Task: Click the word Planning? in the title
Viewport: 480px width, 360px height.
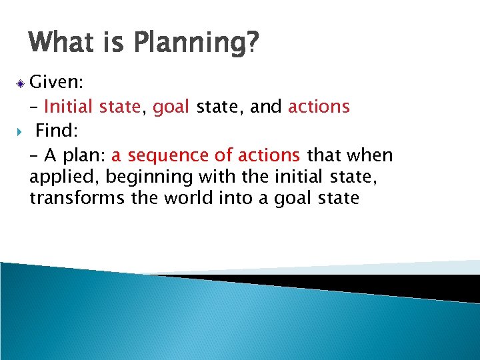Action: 197,43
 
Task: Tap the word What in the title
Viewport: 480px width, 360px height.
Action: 61,43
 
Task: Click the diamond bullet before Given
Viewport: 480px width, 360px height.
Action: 21,83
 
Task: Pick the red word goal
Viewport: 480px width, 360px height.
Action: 172,107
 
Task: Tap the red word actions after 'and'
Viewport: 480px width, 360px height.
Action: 319,107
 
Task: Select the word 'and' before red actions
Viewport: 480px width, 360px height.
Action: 268,107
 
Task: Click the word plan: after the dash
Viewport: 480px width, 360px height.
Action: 85,155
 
